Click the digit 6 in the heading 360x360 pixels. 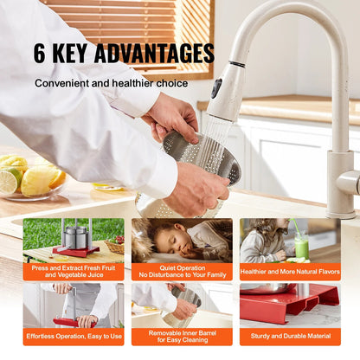click(x=41, y=53)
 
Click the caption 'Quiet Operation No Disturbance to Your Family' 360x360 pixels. click(x=181, y=271)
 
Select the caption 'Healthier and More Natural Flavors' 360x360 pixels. click(x=289, y=271)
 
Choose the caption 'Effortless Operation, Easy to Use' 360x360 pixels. click(x=73, y=336)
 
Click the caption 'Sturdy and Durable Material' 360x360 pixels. click(x=289, y=336)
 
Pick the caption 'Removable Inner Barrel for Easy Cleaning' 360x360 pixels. click(x=181, y=336)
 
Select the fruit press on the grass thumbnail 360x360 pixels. click(x=75, y=239)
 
